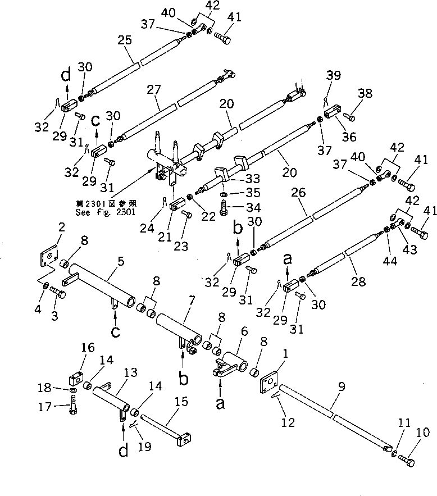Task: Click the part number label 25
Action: tap(125, 41)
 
